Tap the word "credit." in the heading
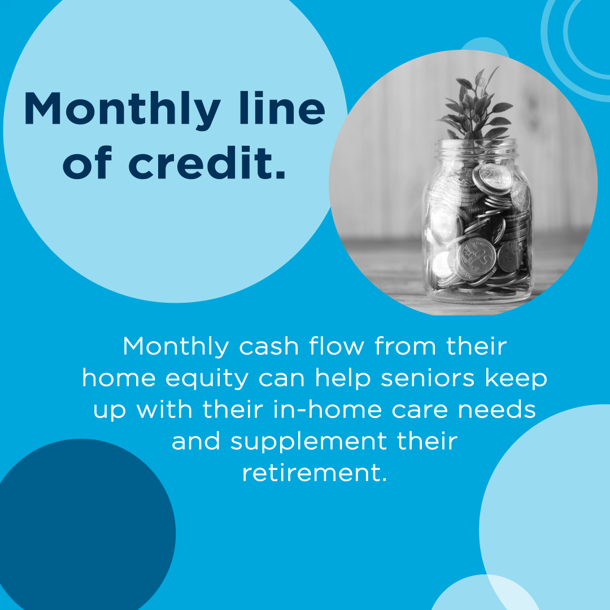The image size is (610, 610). pyautogui.click(x=207, y=162)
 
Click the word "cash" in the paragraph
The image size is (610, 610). pyautogui.click(x=268, y=346)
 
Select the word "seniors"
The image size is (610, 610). pyautogui.click(x=428, y=378)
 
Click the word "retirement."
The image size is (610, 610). pyautogui.click(x=315, y=473)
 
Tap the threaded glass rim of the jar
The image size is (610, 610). pyautogui.click(x=477, y=148)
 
